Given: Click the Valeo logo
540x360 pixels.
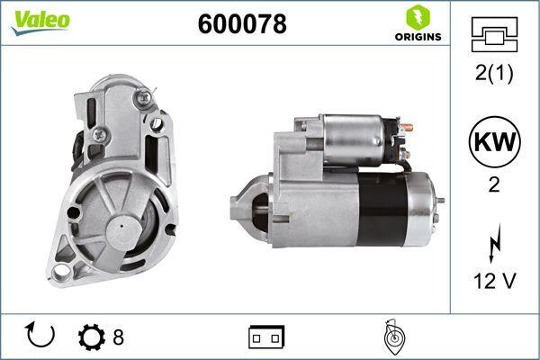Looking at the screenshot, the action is coord(40,22).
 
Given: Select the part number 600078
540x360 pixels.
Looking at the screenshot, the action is coord(242,23).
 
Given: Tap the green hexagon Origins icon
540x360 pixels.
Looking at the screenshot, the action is coord(418,17).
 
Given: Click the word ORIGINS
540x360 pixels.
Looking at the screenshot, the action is coord(418,37).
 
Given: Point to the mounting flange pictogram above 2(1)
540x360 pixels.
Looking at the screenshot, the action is coord(494,34).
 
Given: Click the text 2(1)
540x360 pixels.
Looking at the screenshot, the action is coord(494,73).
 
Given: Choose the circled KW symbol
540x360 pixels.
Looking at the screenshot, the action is coord(494,141).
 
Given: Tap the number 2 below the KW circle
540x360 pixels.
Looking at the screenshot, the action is coord(494,184).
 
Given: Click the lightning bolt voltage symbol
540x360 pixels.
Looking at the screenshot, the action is coord(495,243).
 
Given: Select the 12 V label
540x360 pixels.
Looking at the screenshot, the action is coord(495,281).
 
